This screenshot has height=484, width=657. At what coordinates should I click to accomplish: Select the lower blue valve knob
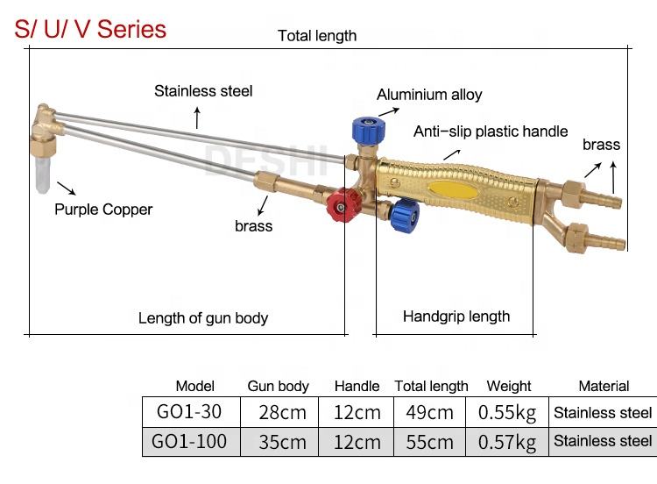click(x=405, y=214)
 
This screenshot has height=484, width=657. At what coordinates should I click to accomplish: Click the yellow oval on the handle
click(x=450, y=188)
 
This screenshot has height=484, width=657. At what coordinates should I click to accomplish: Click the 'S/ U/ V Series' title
click(x=91, y=29)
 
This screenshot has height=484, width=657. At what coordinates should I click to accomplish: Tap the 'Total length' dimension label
click(x=317, y=36)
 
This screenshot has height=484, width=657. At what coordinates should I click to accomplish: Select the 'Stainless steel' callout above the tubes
click(x=203, y=91)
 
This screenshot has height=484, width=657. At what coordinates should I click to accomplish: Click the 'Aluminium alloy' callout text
click(x=429, y=95)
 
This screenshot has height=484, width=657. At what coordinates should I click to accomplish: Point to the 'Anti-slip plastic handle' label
click(x=491, y=132)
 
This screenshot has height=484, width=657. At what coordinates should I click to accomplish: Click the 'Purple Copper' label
click(x=103, y=210)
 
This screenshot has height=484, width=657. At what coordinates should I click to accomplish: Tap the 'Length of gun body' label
click(x=203, y=318)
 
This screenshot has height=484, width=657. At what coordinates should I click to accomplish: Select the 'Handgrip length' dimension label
click(x=456, y=317)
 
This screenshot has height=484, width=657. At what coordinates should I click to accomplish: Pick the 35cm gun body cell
click(x=282, y=441)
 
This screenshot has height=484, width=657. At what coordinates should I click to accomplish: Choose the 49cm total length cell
click(x=429, y=412)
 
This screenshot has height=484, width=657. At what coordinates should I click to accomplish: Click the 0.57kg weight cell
click(x=507, y=441)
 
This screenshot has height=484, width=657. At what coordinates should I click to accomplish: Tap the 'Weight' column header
click(x=509, y=386)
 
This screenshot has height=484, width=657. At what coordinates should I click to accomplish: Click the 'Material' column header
click(x=604, y=386)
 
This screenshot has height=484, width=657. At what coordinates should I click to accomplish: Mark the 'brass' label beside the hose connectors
click(x=601, y=146)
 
